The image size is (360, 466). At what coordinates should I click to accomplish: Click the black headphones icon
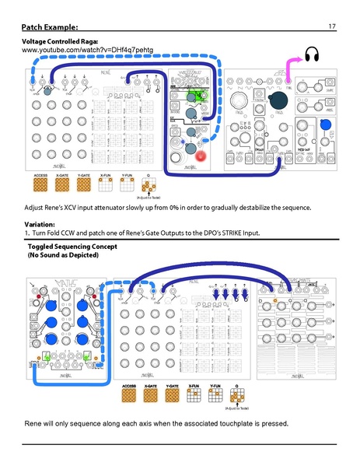(x=312, y=54)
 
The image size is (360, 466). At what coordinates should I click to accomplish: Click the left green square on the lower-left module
(x=47, y=356)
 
